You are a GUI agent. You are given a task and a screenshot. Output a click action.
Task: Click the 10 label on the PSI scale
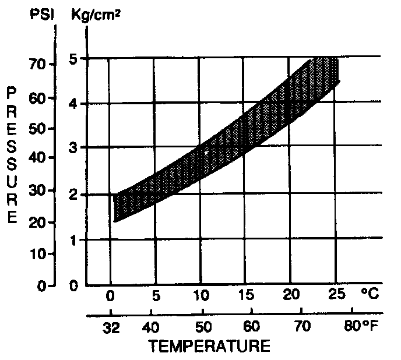(x=38, y=254)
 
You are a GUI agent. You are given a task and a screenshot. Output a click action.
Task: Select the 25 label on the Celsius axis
(x=335, y=295)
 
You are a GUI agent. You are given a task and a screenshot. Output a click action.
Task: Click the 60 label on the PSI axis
(x=38, y=98)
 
